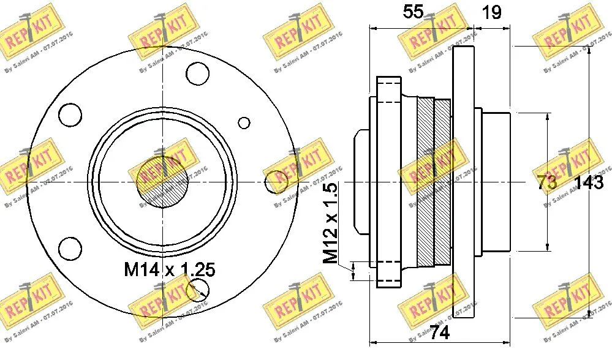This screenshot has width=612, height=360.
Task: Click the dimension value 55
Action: pos(414,12)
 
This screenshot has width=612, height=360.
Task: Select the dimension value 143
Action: pos(589,183)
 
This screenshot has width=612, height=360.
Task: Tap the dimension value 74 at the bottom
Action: pos(439,332)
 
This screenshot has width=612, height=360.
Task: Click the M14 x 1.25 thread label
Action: pos(170,270)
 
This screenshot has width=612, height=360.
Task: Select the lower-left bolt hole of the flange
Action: pos(71,249)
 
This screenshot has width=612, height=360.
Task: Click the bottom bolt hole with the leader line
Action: pos(198,290)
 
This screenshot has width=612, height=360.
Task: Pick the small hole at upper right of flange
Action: pos(244,122)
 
